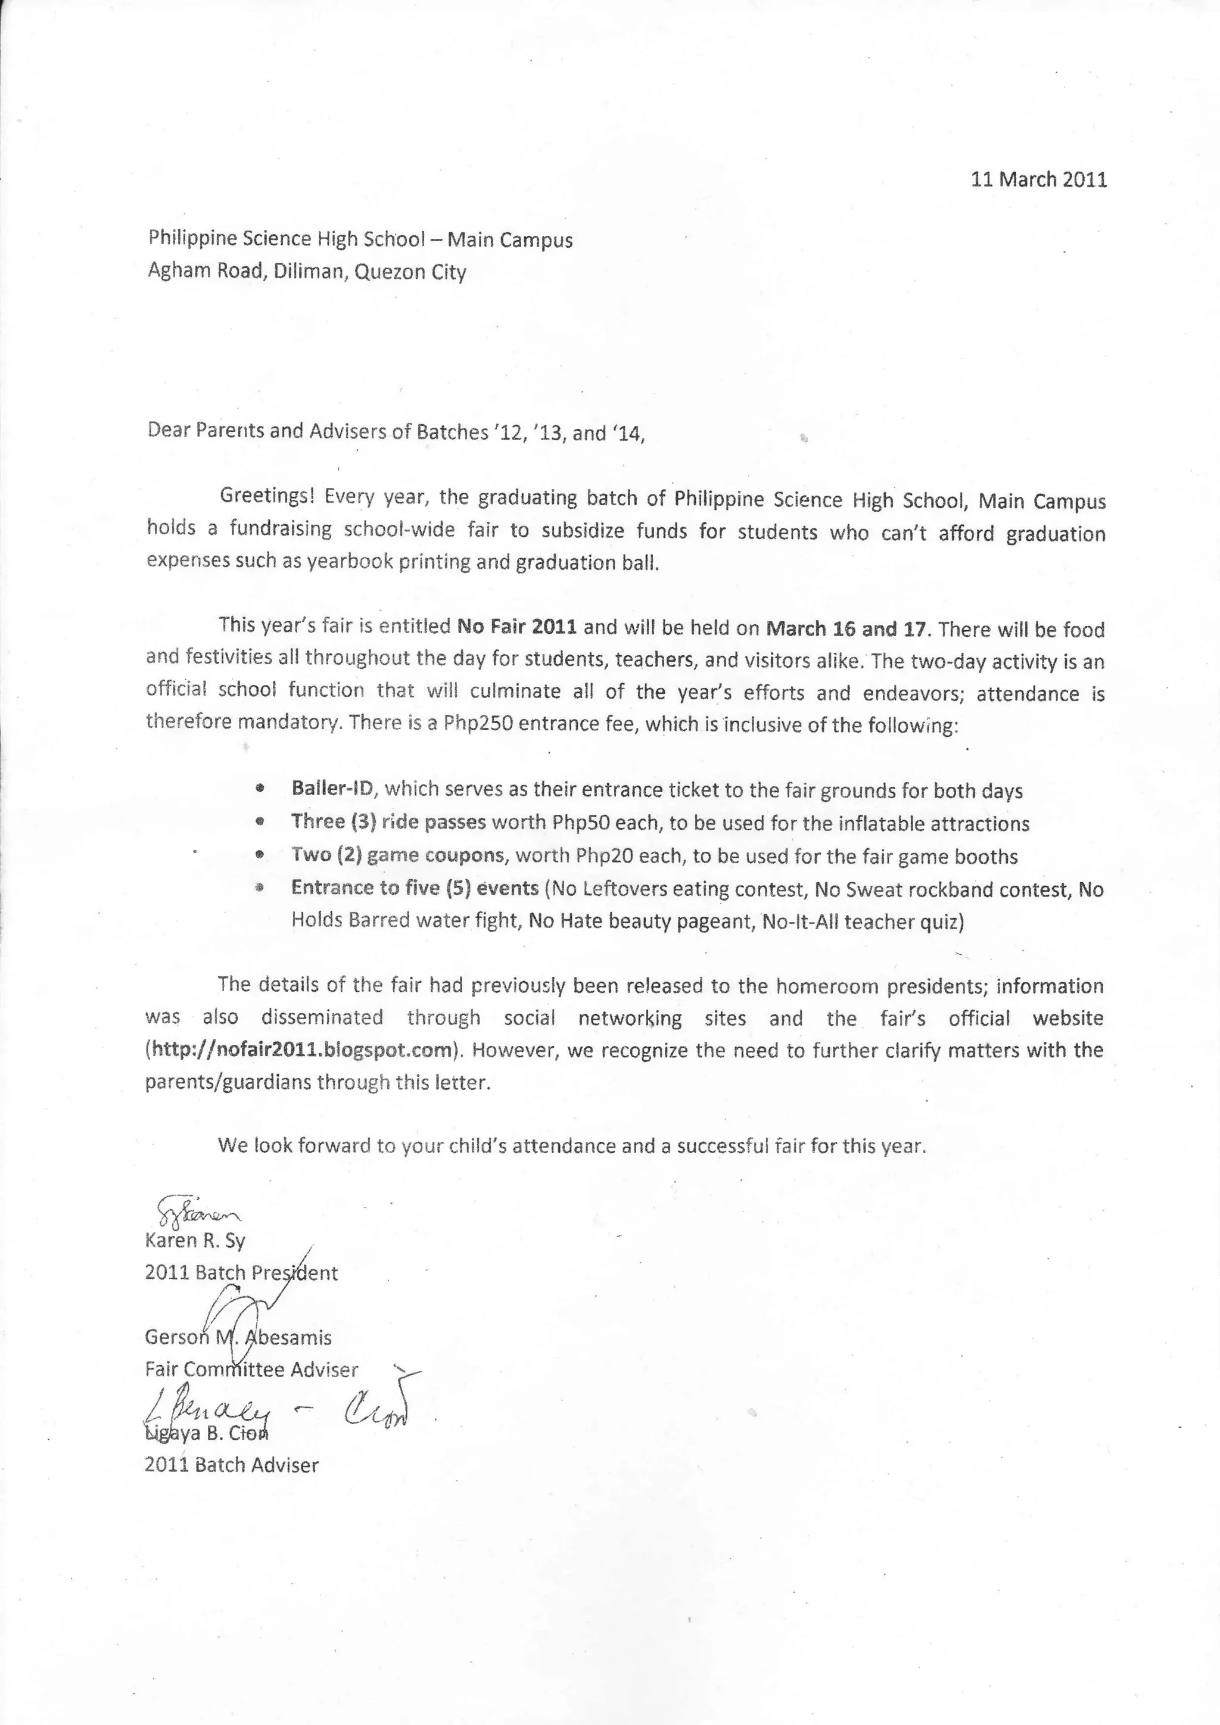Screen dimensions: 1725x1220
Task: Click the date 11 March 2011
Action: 1038,179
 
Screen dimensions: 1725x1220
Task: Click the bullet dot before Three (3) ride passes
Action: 260,822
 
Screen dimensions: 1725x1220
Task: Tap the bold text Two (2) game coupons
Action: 397,856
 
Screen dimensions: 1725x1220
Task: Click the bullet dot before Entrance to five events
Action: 260,888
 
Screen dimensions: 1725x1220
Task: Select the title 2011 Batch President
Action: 241,1273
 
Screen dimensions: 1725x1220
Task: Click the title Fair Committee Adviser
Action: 251,1369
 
